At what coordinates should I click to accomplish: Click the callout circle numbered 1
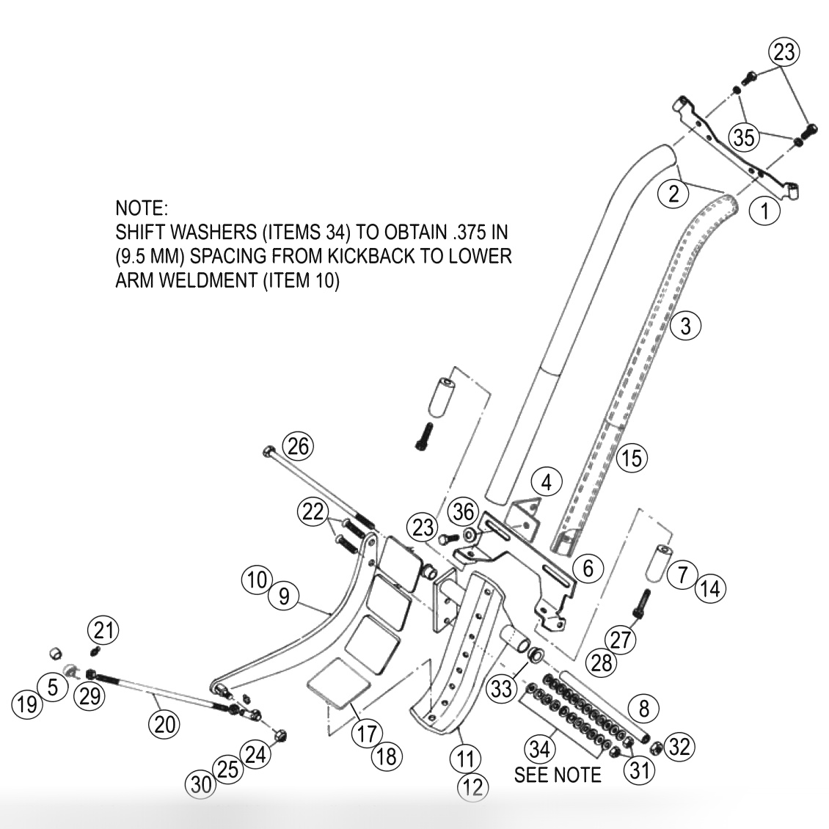tap(765, 211)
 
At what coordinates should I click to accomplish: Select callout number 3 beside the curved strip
tap(685, 325)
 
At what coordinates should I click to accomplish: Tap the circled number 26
tap(299, 445)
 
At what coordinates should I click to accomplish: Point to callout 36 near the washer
tap(464, 511)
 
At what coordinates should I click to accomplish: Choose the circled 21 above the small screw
tap(103, 629)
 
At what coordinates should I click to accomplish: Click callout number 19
tap(26, 705)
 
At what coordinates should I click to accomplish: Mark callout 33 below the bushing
tap(503, 688)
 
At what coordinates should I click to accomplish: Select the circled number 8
tap(643, 708)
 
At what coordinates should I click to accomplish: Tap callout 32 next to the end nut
tap(679, 747)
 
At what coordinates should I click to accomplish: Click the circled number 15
tap(631, 458)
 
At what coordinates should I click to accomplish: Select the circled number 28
tap(602, 662)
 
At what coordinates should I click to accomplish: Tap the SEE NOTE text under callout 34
tap(558, 775)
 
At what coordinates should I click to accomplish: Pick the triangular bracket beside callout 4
tap(527, 516)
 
